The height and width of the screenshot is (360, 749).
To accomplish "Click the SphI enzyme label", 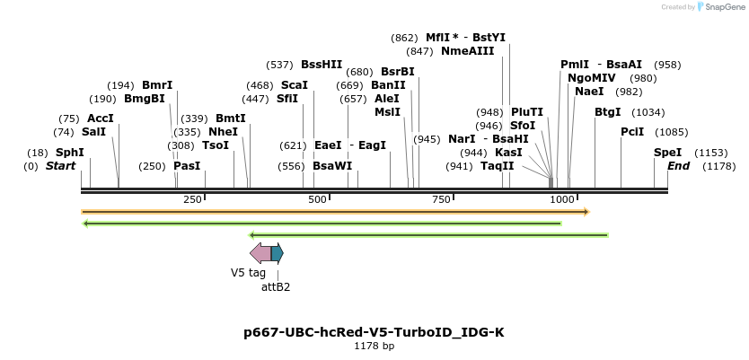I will coord(69,153).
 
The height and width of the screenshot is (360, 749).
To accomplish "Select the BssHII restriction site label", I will coord(322,65).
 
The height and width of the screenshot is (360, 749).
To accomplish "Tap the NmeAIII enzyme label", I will coord(467,51).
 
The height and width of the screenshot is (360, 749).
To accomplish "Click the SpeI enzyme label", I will coord(667,153).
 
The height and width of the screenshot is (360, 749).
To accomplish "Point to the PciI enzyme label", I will coord(632,132).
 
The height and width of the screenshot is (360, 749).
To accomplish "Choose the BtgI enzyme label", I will coord(607,112).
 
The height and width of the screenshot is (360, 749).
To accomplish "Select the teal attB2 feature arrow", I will coord(278,253).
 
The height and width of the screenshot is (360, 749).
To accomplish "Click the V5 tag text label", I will coord(248,273).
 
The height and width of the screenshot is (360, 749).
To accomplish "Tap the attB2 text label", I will coord(276,287).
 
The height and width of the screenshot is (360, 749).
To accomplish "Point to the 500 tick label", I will coord(317,199).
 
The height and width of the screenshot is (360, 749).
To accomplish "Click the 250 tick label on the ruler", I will coord(192,199).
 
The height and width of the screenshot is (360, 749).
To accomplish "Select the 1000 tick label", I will coord(561,199).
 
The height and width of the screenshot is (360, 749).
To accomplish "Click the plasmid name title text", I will coord(374,332).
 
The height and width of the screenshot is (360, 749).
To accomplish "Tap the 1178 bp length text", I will coord(374,346).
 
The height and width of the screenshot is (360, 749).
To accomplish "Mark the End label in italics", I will coord(678,166).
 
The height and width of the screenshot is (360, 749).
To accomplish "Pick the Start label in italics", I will coord(60,166).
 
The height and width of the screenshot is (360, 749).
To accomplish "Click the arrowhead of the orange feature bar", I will coord(586,212).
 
